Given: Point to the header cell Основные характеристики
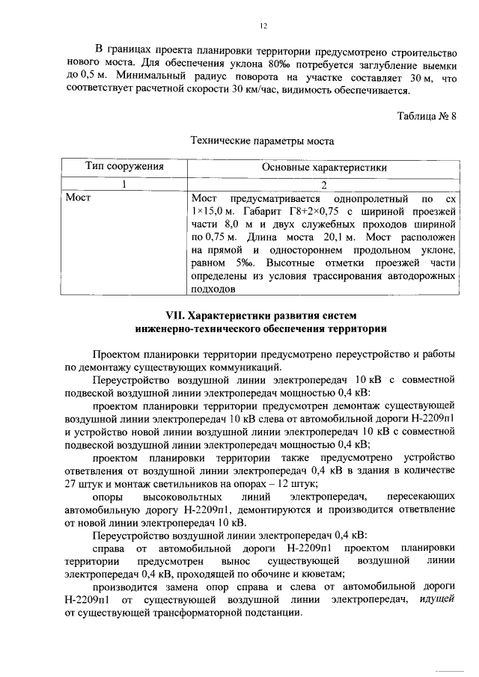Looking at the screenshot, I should click(x=323, y=167).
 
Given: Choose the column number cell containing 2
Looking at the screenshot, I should click(x=324, y=184).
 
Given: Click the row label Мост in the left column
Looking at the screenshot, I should click(x=78, y=199).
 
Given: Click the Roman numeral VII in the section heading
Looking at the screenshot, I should click(x=174, y=313).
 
